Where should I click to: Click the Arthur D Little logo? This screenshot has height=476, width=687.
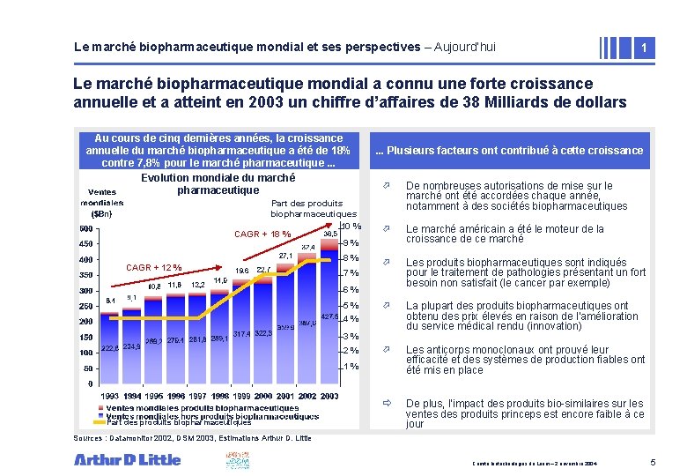point(127,458)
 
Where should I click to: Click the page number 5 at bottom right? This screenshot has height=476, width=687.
point(653,462)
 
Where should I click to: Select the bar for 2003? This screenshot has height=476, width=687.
point(329,309)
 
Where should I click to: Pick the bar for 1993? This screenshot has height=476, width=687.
point(109,344)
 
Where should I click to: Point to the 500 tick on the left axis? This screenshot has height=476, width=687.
point(87,229)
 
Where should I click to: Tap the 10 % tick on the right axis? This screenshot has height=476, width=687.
point(351,227)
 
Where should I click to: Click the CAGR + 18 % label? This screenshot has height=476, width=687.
point(262,234)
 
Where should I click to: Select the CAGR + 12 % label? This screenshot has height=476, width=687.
point(154,267)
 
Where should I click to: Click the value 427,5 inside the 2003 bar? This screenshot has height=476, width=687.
point(329,316)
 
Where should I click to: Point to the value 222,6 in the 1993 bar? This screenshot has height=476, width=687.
point(109,348)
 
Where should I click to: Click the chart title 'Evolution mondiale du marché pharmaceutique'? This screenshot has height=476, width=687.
point(218,183)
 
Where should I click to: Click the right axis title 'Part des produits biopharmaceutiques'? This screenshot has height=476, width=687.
point(313,208)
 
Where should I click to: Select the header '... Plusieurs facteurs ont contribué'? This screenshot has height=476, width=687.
point(509,151)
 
